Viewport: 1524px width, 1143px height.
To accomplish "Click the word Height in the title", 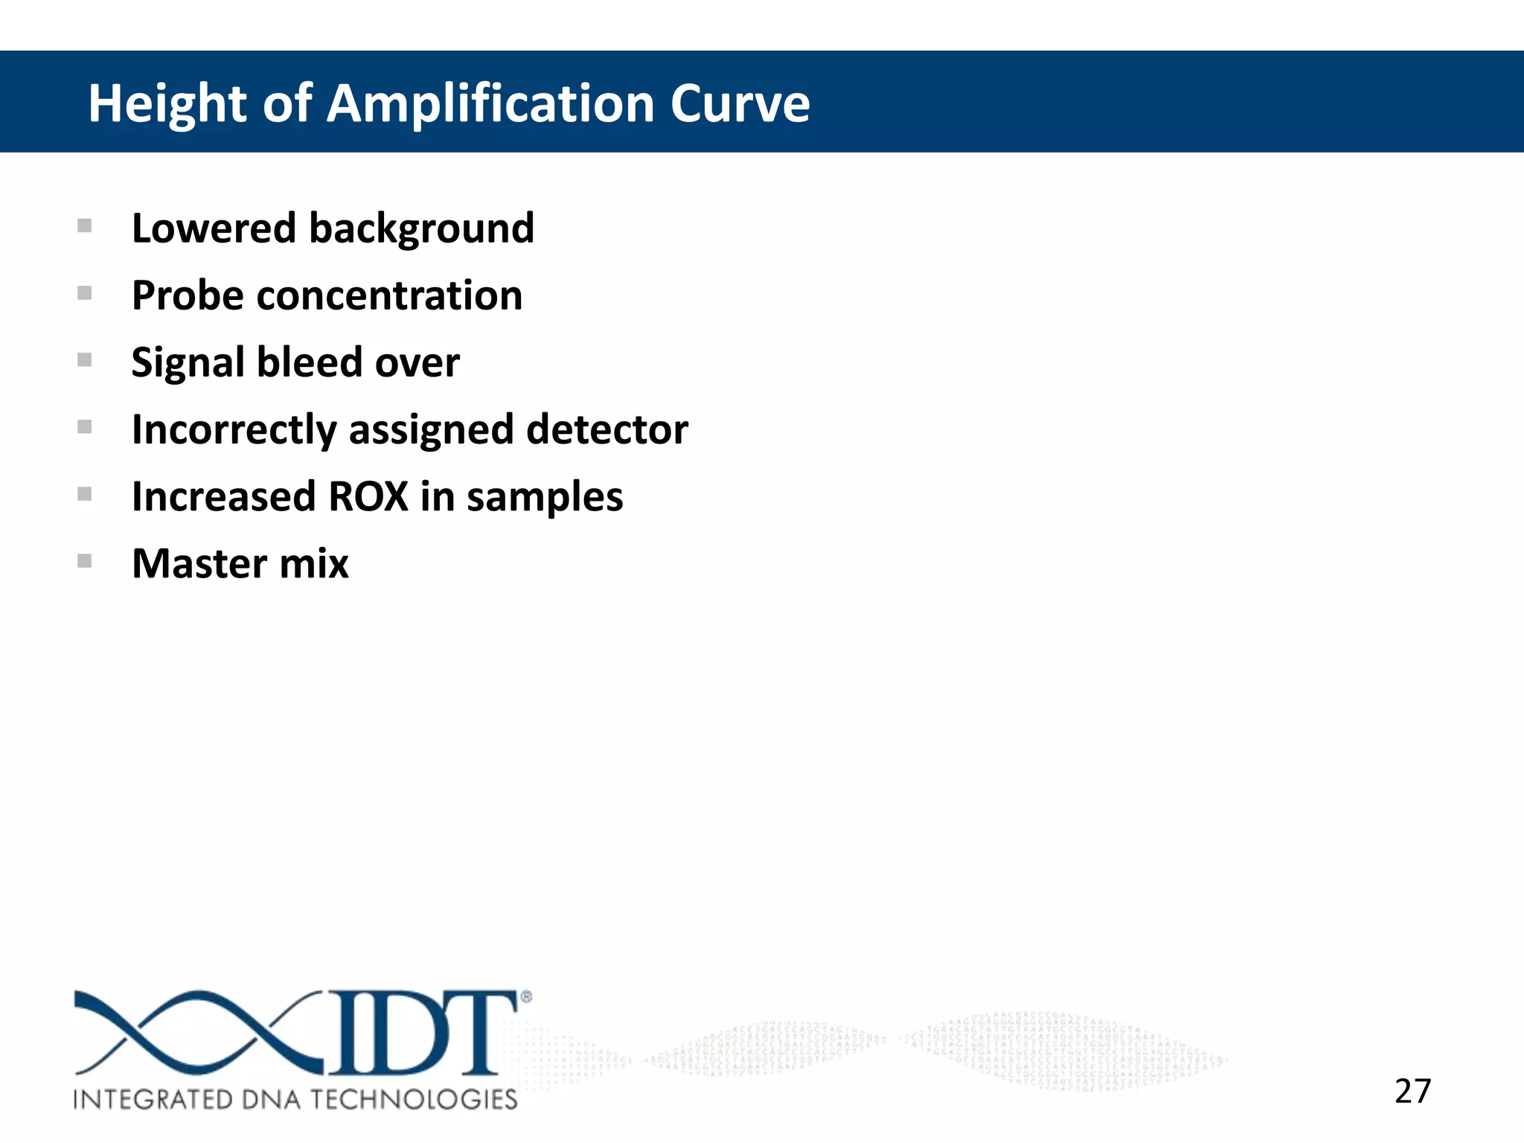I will tap(167, 104).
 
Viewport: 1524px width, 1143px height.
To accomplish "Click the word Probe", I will tap(188, 296).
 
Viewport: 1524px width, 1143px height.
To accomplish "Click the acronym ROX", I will tap(368, 496).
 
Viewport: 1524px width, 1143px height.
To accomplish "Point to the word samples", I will tap(544, 498).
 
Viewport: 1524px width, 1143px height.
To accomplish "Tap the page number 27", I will tap(1412, 1091).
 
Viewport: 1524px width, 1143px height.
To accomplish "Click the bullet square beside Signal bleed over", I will tap(85, 360).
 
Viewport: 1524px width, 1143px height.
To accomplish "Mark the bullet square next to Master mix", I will tap(85, 561).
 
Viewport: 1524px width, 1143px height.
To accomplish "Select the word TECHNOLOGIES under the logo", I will tap(414, 1099).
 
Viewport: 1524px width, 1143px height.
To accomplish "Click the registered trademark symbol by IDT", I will tap(526, 996).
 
